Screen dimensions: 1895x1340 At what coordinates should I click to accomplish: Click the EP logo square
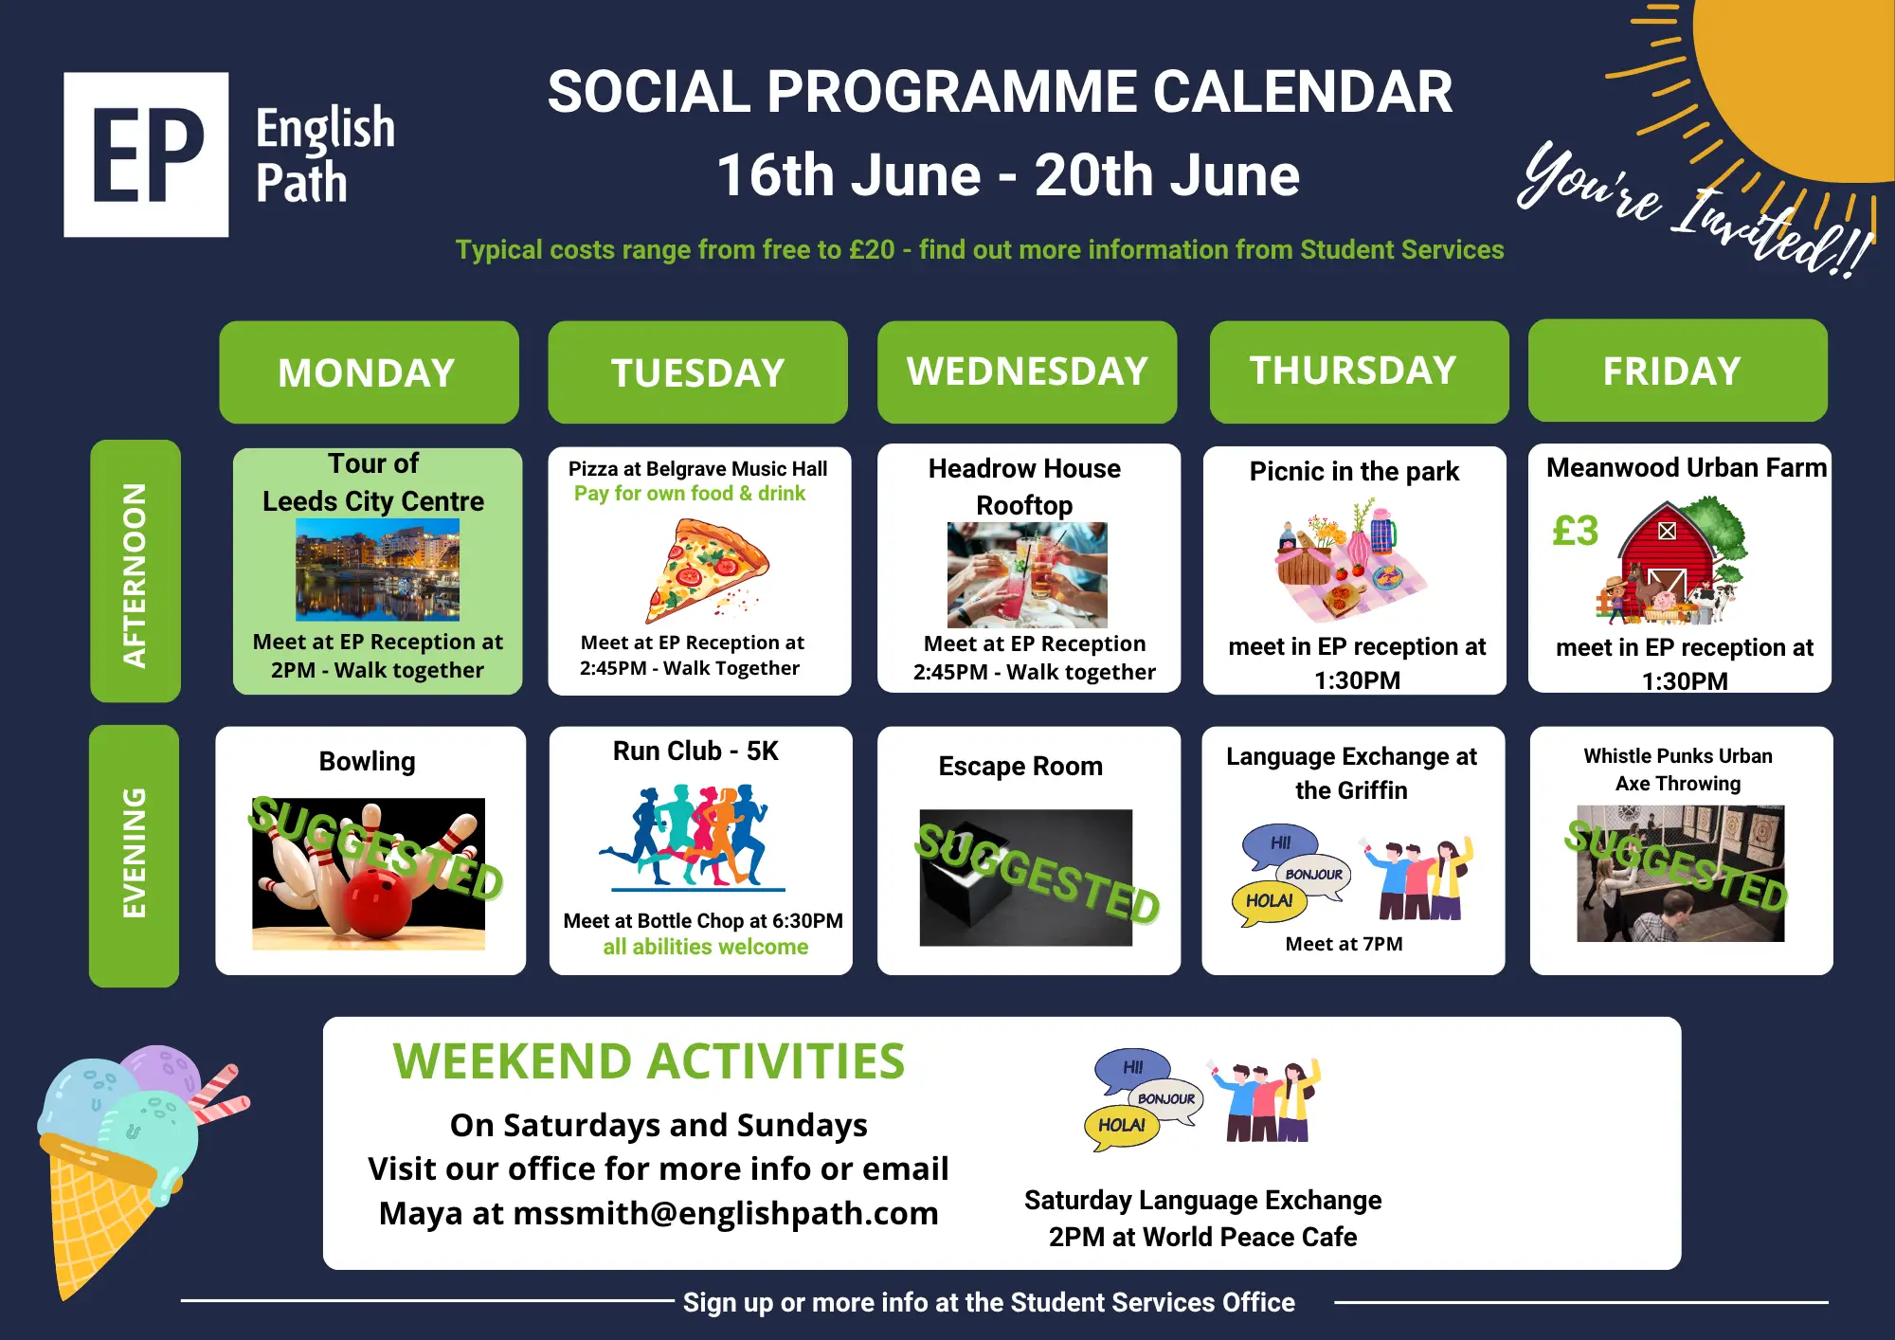click(146, 154)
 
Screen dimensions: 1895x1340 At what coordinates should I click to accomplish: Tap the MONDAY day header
click(369, 372)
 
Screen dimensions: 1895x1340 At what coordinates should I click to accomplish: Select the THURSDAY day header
click(1359, 371)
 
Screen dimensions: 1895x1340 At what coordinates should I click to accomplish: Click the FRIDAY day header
click(1677, 371)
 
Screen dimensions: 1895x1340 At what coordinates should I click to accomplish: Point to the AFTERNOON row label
click(135, 570)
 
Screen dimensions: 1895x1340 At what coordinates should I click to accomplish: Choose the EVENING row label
click(134, 856)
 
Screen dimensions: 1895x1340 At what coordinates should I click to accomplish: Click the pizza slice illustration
click(707, 570)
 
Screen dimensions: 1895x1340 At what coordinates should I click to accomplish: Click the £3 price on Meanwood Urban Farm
click(1575, 531)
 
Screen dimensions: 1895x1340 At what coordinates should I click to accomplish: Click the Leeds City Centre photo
click(377, 570)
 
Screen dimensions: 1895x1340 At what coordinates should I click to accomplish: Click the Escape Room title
click(1020, 766)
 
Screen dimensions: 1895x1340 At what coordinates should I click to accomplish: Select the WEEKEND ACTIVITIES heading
click(649, 1061)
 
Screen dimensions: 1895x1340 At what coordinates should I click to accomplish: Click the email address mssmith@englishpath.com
click(726, 1213)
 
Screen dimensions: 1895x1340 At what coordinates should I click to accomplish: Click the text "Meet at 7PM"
click(1344, 944)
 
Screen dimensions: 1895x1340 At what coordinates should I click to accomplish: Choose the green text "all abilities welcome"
click(706, 947)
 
